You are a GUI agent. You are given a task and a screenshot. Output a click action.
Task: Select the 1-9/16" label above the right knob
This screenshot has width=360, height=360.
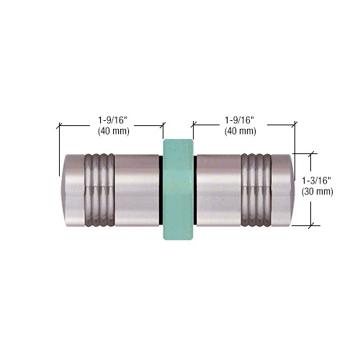click(240, 120)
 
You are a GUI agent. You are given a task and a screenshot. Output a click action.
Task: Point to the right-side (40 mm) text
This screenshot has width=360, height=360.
click(240, 131)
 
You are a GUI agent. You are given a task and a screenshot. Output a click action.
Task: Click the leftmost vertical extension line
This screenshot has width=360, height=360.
click(58, 151)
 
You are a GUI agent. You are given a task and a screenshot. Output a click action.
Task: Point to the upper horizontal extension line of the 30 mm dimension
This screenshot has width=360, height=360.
click(305, 153)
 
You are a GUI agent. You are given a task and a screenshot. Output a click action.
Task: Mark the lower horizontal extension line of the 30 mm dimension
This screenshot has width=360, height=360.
click(305, 225)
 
